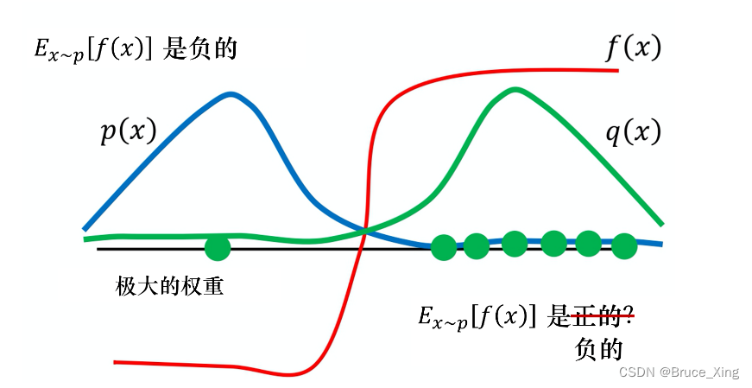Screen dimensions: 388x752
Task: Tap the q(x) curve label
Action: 632,131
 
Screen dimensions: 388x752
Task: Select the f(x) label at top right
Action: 633,48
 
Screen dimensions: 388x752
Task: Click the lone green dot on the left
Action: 218,249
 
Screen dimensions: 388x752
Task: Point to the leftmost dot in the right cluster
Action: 444,248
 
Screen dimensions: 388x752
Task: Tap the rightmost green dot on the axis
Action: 623,247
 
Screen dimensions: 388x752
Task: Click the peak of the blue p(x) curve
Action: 231,93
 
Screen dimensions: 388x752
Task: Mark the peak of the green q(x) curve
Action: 515,89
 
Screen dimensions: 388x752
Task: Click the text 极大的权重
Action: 169,286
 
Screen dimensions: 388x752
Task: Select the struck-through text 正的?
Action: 603,317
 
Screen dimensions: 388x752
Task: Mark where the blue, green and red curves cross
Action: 366,230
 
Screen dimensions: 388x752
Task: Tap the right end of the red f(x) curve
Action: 618,69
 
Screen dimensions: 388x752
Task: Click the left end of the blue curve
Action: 85,229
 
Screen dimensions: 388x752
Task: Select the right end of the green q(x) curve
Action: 661,223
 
